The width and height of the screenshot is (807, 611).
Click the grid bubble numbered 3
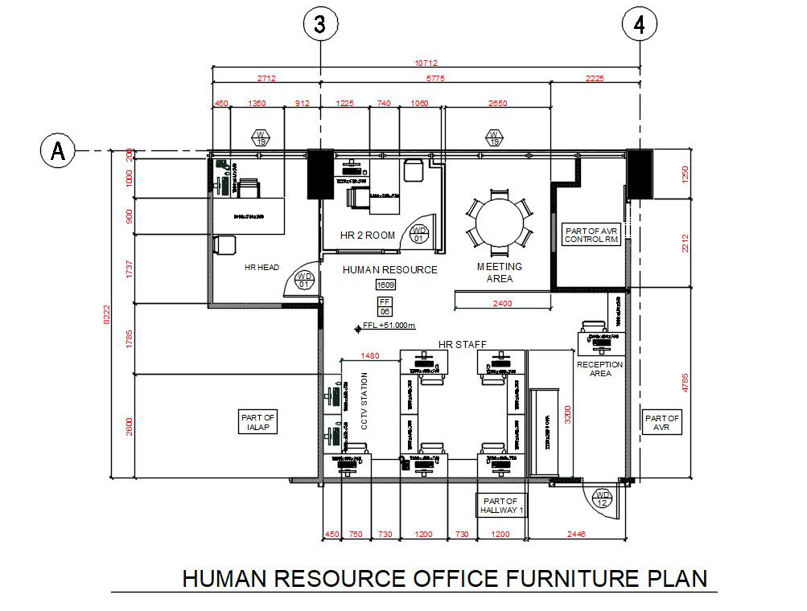pyautogui.click(x=320, y=25)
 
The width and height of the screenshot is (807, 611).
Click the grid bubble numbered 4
pyautogui.click(x=639, y=25)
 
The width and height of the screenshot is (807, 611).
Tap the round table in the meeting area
pyautogui.click(x=499, y=219)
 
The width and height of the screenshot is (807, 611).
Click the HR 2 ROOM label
pyautogui.click(x=368, y=235)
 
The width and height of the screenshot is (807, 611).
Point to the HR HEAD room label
pyautogui.click(x=261, y=267)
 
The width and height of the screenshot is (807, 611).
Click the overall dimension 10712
pyautogui.click(x=426, y=63)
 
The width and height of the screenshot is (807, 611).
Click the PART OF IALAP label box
pyautogui.click(x=257, y=422)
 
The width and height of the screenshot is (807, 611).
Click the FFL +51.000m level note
pyautogui.click(x=387, y=326)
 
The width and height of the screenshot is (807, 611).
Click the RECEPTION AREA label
pyautogui.click(x=600, y=368)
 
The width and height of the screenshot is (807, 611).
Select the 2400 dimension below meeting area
pyautogui.click(x=503, y=303)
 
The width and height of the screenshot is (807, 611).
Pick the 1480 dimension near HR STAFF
pyautogui.click(x=369, y=355)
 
